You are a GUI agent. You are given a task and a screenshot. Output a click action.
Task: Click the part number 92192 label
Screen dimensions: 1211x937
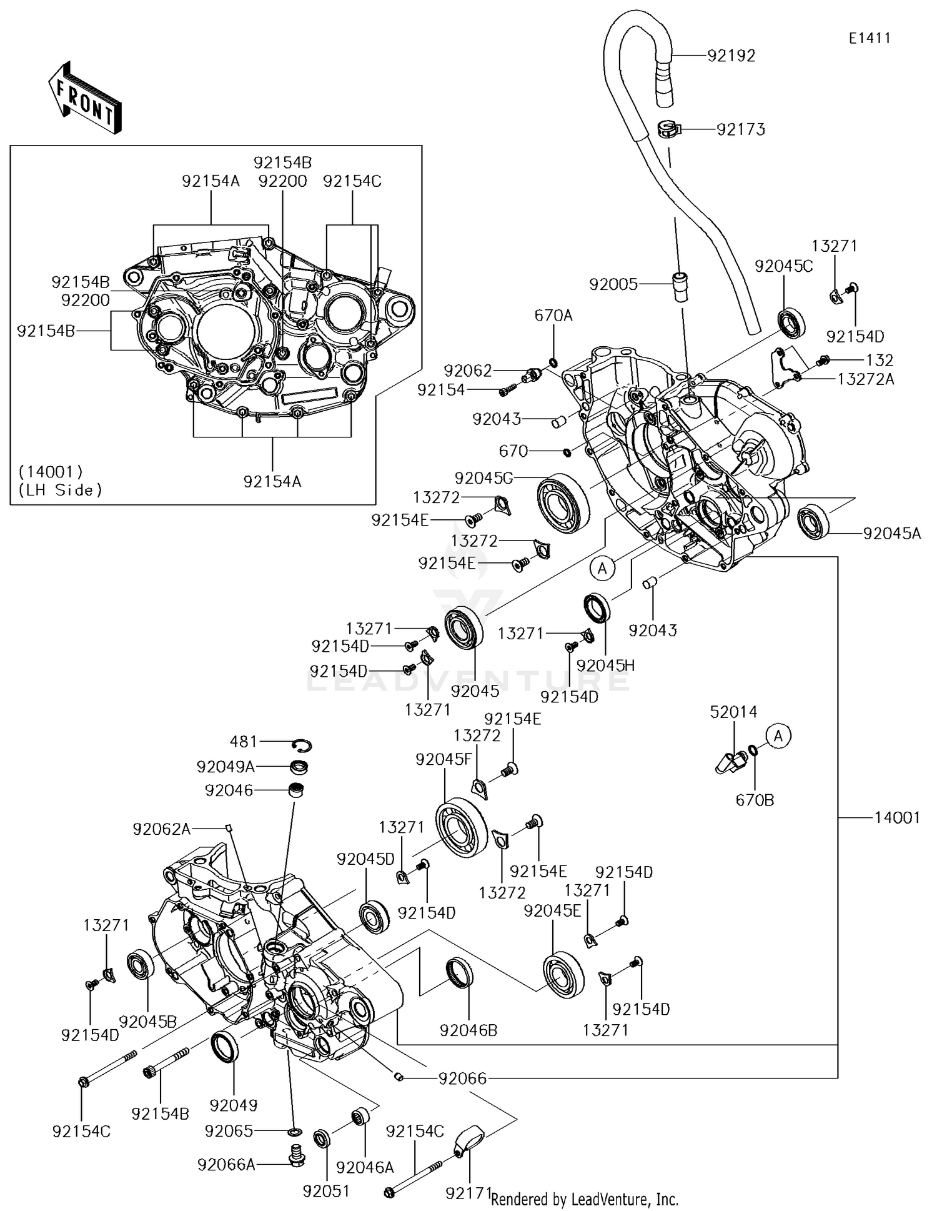click(x=731, y=56)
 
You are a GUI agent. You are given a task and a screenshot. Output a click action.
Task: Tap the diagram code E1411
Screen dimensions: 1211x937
click(x=869, y=38)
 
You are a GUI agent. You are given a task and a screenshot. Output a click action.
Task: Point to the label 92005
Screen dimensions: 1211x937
click(x=613, y=285)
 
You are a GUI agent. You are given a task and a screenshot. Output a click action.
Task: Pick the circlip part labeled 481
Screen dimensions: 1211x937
click(x=303, y=745)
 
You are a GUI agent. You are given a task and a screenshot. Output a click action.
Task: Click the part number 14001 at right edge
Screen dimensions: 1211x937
click(x=896, y=817)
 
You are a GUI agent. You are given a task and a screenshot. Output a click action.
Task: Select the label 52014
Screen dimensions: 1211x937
click(x=733, y=712)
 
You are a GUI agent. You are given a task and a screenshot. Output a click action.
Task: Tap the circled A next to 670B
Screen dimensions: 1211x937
click(x=778, y=736)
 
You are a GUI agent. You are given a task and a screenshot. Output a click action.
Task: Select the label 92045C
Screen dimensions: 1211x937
click(x=783, y=266)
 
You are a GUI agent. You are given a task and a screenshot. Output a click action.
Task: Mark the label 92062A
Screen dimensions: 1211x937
click(x=161, y=829)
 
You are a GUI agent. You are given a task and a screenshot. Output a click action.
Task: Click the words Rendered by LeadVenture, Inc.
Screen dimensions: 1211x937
click(x=584, y=1199)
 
